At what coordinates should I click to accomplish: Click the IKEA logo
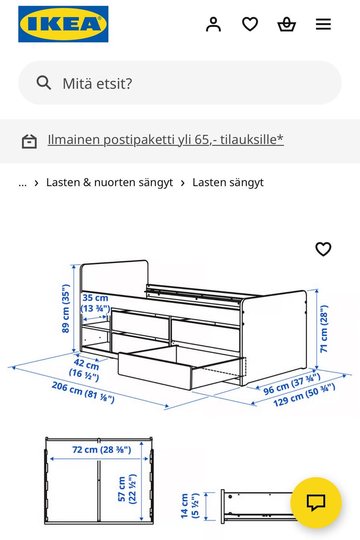tap(63, 24)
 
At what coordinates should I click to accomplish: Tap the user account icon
tap(213, 24)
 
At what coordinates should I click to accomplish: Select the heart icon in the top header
tap(250, 24)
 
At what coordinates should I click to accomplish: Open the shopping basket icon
tap(286, 24)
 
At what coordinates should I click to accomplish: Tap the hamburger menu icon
tap(323, 24)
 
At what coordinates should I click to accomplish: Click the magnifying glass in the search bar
tap(44, 83)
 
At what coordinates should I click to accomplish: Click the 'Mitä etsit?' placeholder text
tap(97, 84)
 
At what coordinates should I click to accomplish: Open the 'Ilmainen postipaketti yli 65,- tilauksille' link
tap(165, 139)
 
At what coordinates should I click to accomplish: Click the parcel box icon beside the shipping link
tap(29, 141)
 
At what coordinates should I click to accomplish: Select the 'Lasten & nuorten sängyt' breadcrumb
tap(109, 182)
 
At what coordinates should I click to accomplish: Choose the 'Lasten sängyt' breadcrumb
tap(228, 182)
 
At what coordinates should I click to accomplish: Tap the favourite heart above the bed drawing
tap(323, 249)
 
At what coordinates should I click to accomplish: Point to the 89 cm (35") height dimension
tap(66, 308)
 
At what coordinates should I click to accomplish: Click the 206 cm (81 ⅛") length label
tap(83, 392)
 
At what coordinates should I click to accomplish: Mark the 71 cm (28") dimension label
tap(324, 329)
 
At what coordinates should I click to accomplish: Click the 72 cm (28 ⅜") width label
tap(102, 449)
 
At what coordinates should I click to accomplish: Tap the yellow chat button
tap(316, 502)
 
